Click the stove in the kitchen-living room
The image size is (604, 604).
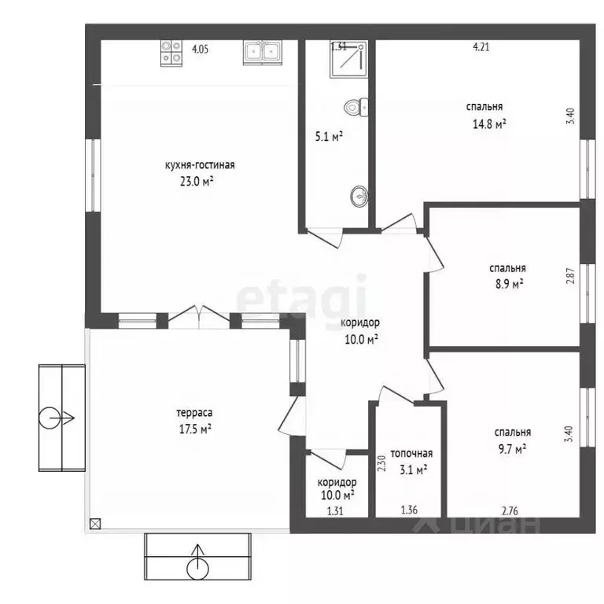(x=171, y=53)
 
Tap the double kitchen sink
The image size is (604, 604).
(x=263, y=52)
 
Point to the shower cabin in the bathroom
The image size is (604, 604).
(x=348, y=59)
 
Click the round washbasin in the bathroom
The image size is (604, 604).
(x=359, y=196)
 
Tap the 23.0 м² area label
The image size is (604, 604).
(x=197, y=181)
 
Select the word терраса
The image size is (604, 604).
(x=194, y=413)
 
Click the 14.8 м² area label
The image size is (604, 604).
(x=489, y=124)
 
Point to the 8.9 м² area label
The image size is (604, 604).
(x=510, y=284)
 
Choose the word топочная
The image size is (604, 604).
(x=411, y=454)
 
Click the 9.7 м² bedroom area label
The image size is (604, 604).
(x=512, y=449)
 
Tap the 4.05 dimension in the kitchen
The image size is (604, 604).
(x=201, y=50)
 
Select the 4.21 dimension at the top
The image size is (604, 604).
(x=481, y=47)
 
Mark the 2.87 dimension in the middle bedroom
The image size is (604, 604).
(x=570, y=276)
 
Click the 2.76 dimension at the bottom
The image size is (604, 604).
(x=510, y=511)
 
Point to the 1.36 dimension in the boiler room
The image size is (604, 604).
(x=409, y=510)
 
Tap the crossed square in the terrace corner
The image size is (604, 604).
(x=95, y=524)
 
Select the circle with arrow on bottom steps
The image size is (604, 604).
(x=197, y=562)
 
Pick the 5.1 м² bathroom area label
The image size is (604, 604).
(x=329, y=136)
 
